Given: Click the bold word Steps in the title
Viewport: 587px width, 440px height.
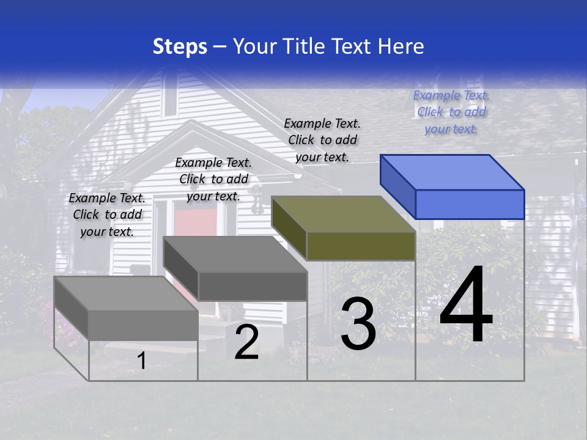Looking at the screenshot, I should point(180,46).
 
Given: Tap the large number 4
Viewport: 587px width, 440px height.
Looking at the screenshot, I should point(466,305).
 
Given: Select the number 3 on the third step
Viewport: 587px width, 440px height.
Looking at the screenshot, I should point(358,324).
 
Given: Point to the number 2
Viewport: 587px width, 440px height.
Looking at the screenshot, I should point(246,343).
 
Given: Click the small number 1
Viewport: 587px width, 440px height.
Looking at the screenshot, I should point(142,361).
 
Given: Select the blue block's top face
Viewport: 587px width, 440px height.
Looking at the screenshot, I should point(452,172).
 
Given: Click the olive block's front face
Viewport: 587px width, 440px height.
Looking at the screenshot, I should point(361,246).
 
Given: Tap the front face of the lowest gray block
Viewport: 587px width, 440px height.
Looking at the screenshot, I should point(143,324).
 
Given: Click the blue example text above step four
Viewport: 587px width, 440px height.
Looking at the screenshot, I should point(451,112).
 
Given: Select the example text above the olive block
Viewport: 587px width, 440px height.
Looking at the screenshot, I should point(322,140).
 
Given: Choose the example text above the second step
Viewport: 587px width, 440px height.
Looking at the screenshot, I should point(213,179).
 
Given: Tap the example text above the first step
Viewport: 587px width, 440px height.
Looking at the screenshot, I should point(107,215).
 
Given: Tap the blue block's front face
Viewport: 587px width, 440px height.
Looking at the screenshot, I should point(470,204).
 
